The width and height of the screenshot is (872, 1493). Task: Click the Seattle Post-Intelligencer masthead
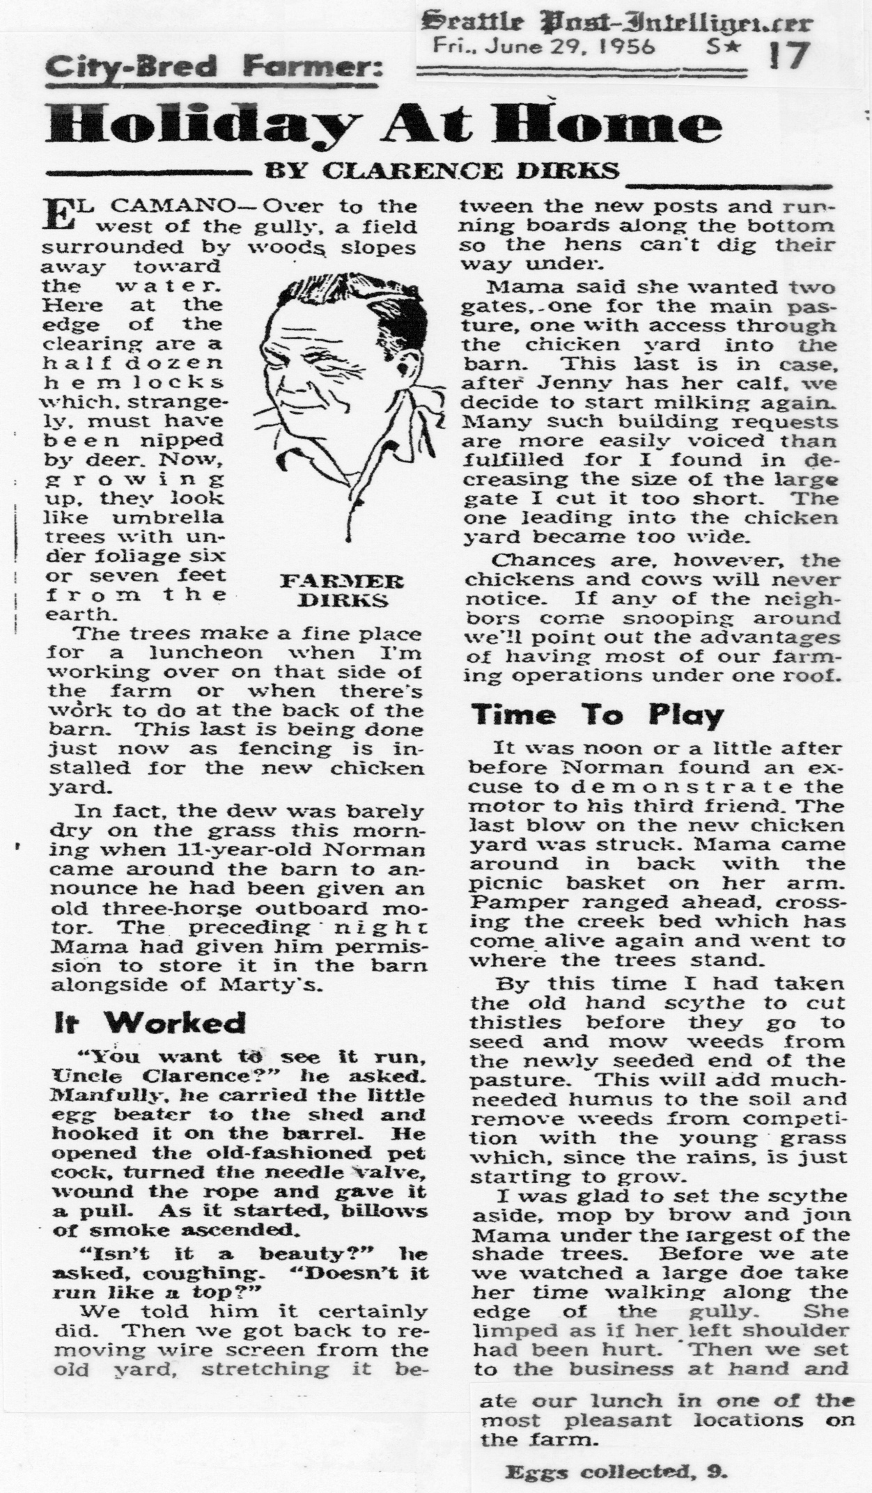(616, 22)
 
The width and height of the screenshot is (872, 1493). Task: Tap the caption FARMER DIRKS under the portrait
(341, 591)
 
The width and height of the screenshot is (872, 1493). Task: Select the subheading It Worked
(150, 1023)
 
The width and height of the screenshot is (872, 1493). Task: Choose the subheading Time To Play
(598, 715)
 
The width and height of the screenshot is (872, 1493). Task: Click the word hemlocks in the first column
(133, 382)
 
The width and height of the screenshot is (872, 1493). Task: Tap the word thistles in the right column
(516, 1022)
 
